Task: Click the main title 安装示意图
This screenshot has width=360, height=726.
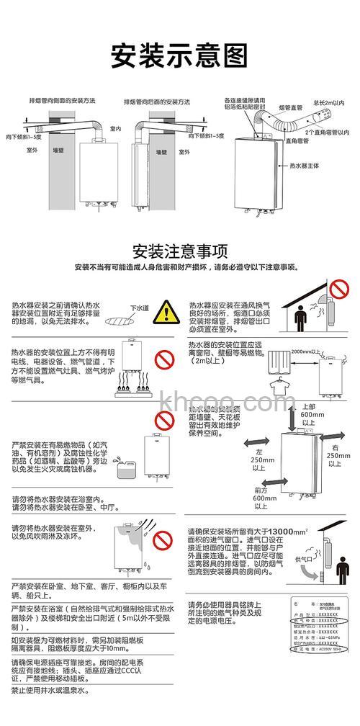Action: [179, 54]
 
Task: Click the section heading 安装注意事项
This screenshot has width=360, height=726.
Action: [180, 251]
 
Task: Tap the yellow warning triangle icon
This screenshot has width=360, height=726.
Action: [167, 313]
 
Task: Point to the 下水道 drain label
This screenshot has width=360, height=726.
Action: [139, 308]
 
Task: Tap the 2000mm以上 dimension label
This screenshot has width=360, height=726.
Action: [303, 351]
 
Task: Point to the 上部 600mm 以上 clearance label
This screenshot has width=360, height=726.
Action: [307, 414]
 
